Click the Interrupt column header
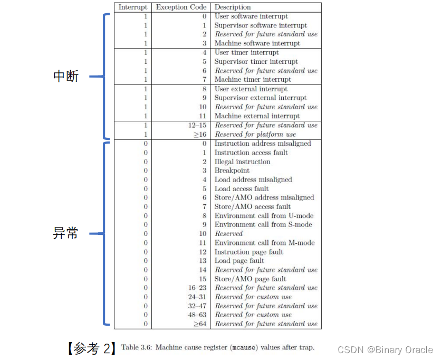coord(133,7)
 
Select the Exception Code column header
coord(181,7)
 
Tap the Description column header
coord(233,7)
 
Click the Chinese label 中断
coord(66,76)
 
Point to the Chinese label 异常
coord(66,233)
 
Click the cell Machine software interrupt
coord(257,43)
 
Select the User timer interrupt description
coord(246,52)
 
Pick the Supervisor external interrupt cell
coord(260,98)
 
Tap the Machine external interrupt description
coord(257,116)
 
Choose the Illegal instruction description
coord(242,162)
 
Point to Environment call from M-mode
coord(264,243)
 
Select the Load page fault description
coord(239,261)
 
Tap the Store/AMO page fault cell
coord(250,279)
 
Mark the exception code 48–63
coord(196,315)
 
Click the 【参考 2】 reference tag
coord(90,348)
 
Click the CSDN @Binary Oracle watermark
coord(385,349)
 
